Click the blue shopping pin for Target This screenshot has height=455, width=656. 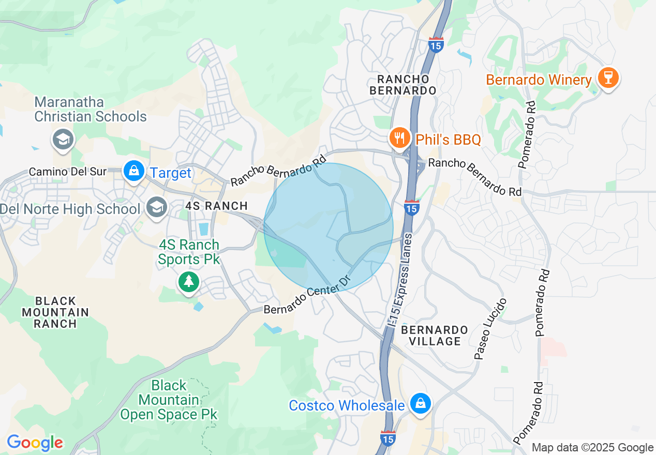click(x=134, y=170)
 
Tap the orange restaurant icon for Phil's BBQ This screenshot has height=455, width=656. click(x=399, y=138)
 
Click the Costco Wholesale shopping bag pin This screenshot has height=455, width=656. click(x=420, y=403)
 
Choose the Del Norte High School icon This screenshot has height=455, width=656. click(x=156, y=207)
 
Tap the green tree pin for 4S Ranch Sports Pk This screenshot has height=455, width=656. click(x=189, y=282)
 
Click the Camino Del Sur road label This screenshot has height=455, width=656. click(x=68, y=171)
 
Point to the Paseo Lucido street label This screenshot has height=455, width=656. click(x=489, y=329)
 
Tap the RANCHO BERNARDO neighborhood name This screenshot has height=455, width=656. click(x=406, y=85)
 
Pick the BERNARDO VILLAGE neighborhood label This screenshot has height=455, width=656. click(x=435, y=336)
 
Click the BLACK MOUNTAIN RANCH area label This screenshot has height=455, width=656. click(x=55, y=312)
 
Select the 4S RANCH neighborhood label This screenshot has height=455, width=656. click(x=213, y=206)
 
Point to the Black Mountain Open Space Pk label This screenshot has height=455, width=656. click(x=169, y=400)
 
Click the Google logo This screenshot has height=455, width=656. click(x=35, y=443)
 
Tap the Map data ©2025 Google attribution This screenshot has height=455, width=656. click(x=592, y=448)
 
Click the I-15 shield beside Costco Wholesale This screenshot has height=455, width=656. click(x=388, y=438)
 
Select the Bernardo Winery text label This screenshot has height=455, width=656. click(x=539, y=80)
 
